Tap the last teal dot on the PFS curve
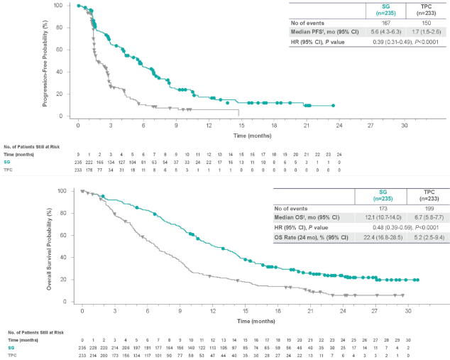pyautogui.click(x=333, y=106)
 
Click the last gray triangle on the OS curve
pyautogui.click(x=402, y=295)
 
